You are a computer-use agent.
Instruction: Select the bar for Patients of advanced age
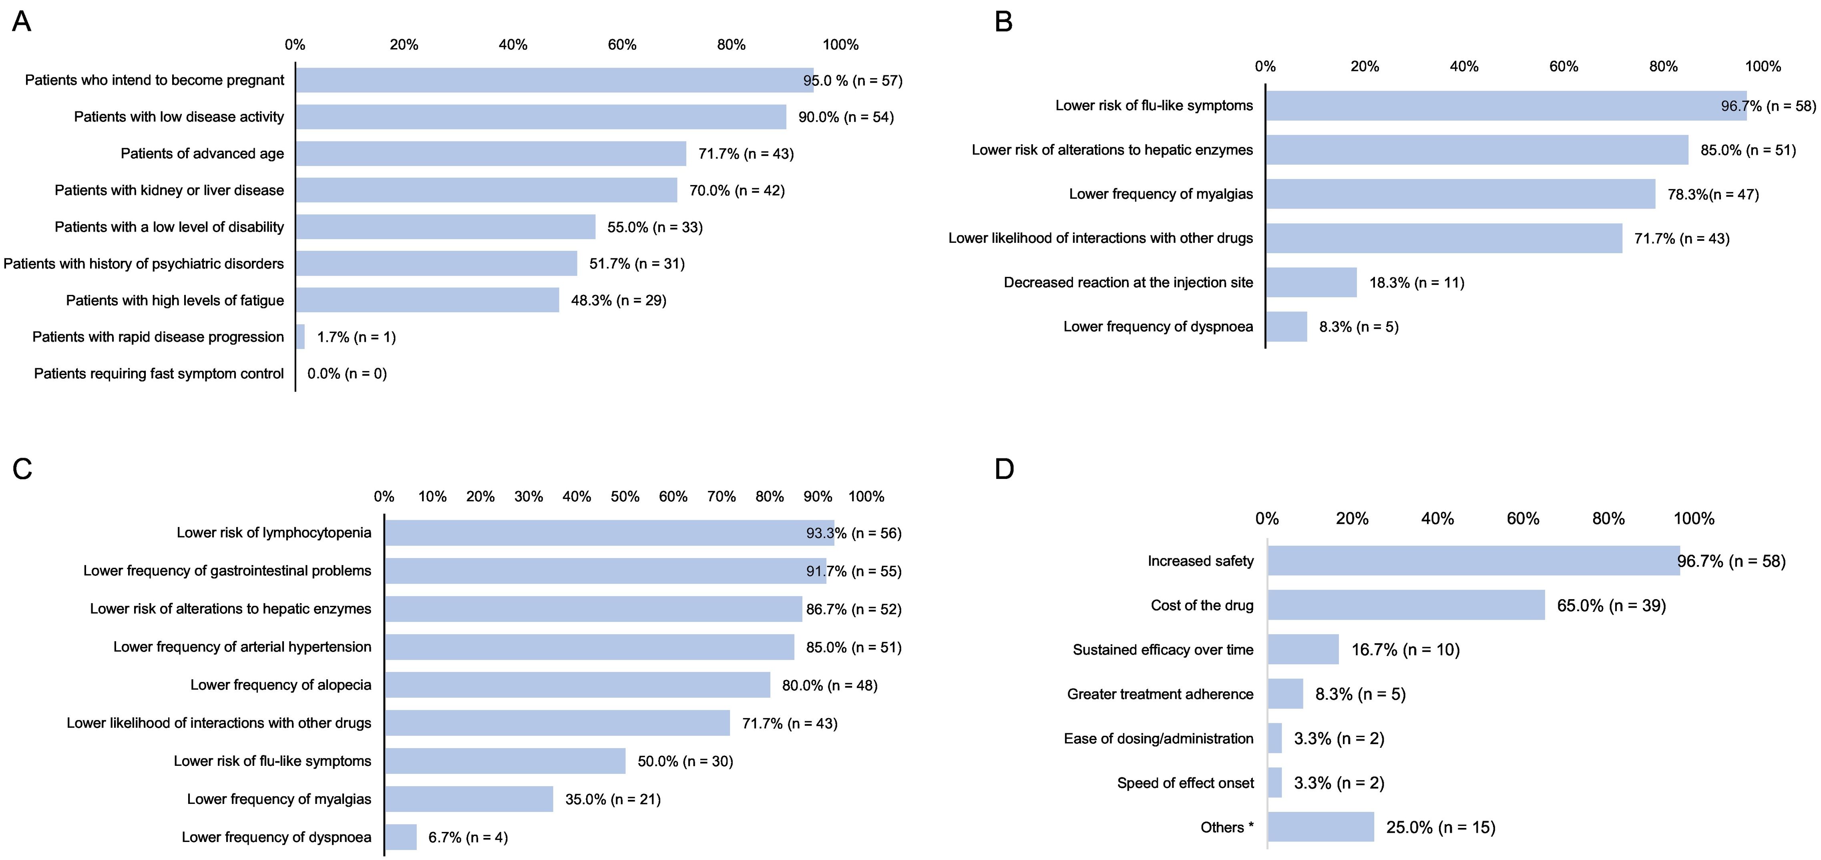[x=490, y=153]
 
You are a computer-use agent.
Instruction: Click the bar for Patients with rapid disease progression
[x=300, y=337]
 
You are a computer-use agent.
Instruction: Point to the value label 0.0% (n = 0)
[x=347, y=373]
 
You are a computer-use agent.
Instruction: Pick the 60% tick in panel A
[x=622, y=44]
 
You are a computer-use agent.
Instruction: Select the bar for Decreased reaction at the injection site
[x=1311, y=282]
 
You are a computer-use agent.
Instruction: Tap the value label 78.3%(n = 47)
[x=1713, y=194]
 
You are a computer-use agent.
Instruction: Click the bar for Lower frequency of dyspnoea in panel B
[x=1286, y=327]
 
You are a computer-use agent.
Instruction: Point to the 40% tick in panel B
[x=1464, y=67]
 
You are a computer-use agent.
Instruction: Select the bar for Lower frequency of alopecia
[x=577, y=684]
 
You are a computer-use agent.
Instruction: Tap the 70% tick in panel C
[x=721, y=497]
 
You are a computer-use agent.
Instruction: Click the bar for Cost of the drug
[x=1406, y=606]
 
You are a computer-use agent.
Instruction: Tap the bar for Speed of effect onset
[x=1274, y=783]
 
